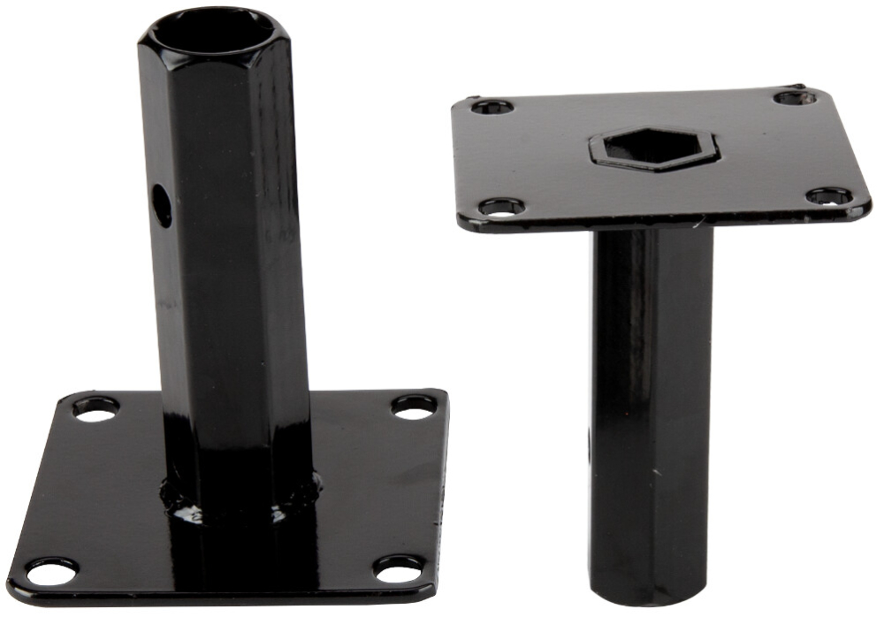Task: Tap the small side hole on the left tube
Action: click(162, 205)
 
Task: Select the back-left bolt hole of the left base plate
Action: click(95, 408)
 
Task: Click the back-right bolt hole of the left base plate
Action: click(414, 406)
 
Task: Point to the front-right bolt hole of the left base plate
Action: click(398, 567)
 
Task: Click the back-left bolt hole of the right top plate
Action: click(492, 107)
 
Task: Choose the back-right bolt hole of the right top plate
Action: click(795, 96)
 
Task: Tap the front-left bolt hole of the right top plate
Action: click(501, 208)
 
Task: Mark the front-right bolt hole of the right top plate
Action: click(829, 195)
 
